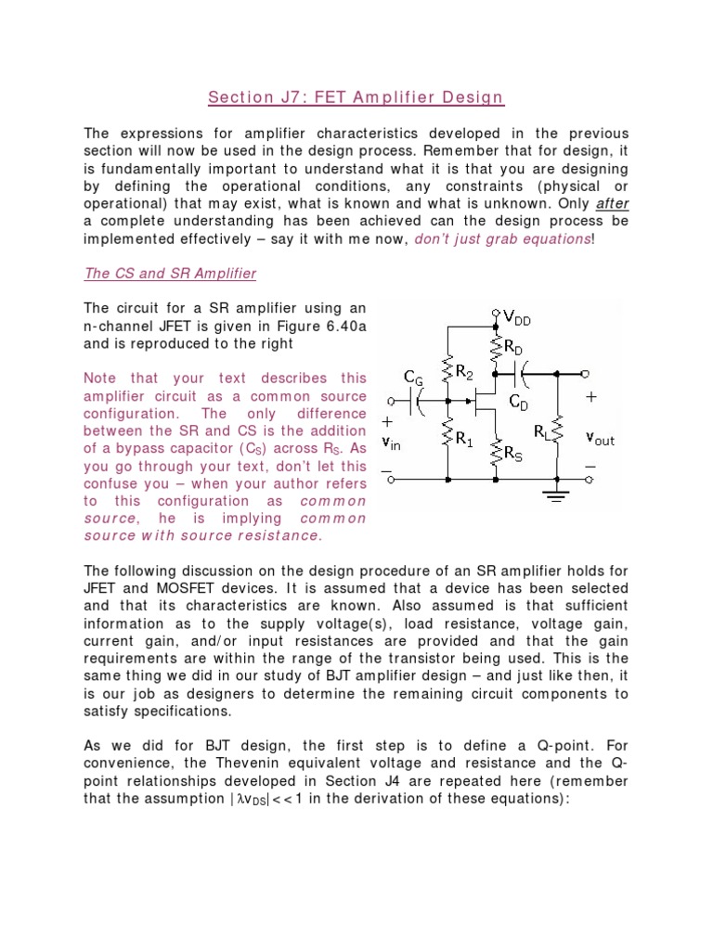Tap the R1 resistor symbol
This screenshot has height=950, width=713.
click(x=448, y=439)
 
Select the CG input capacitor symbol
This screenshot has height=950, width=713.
click(x=420, y=400)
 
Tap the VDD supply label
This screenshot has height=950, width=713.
click(x=516, y=319)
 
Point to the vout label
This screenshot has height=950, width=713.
click(x=600, y=439)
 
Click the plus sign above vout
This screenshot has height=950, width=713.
click(x=590, y=397)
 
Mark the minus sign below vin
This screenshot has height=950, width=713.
click(x=386, y=470)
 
